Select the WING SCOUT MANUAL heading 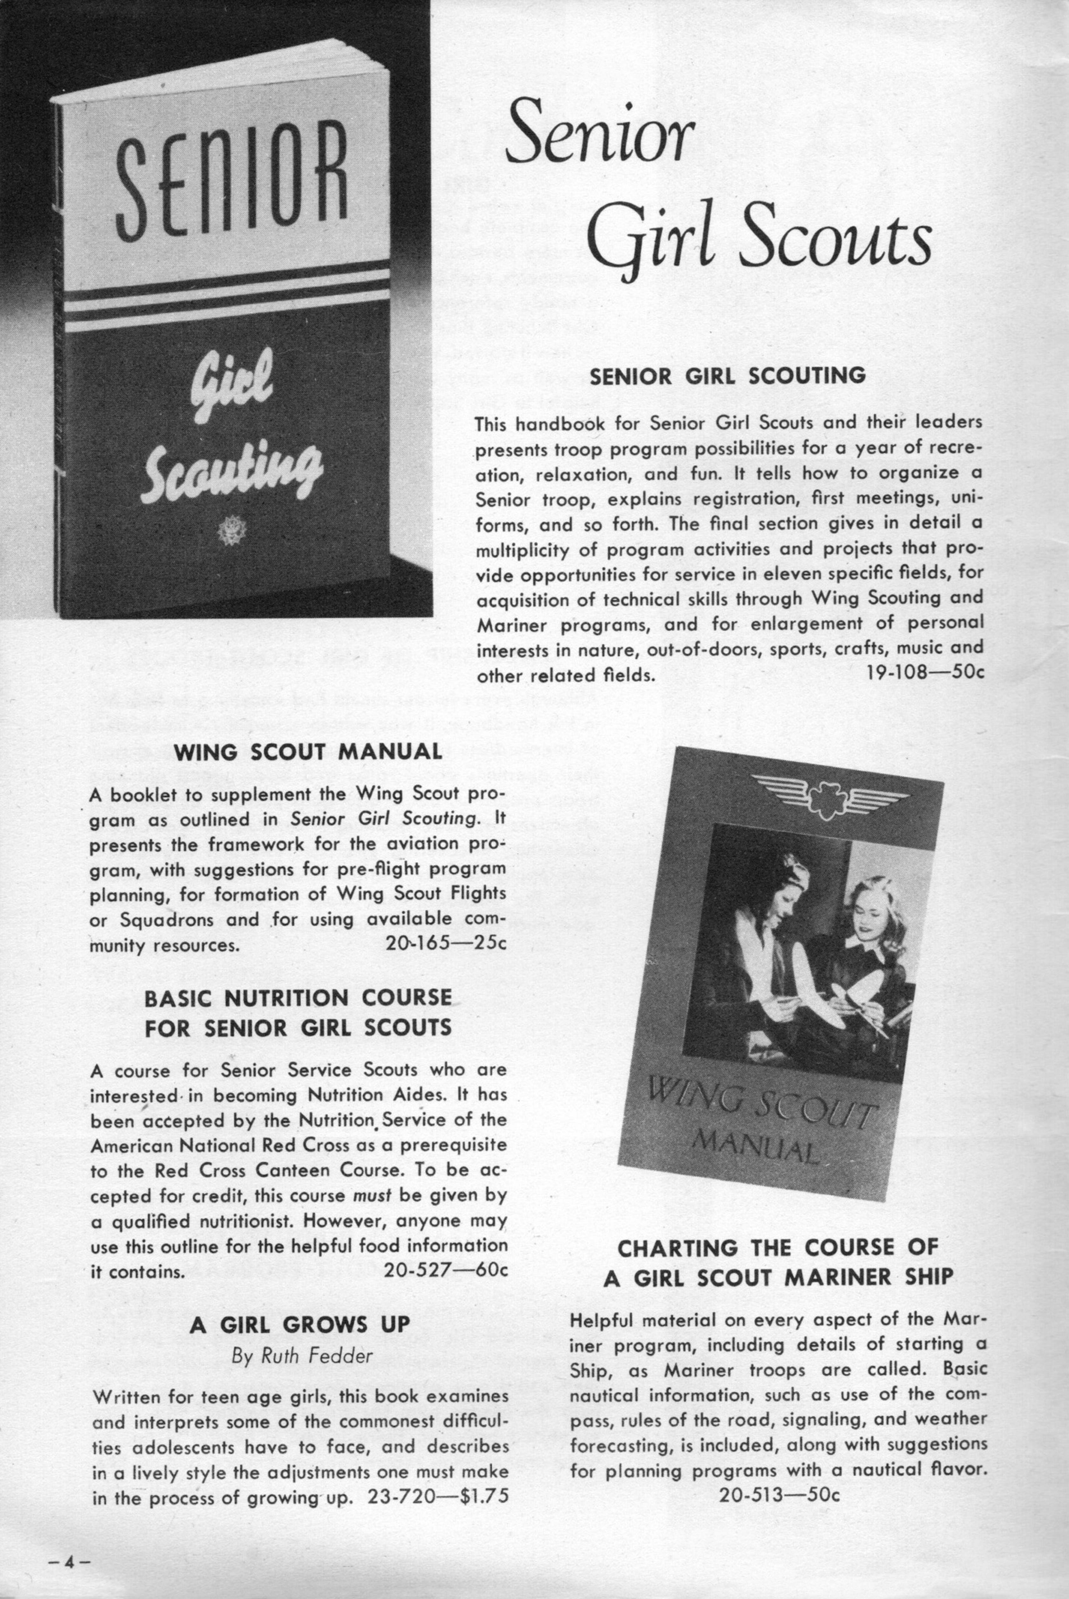coord(308,752)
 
